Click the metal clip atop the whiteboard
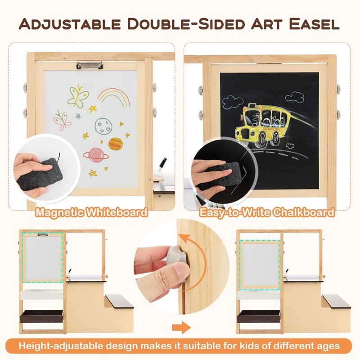(x=86, y=65)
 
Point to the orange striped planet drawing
(x=116, y=144)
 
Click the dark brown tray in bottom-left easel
(x=42, y=316)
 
